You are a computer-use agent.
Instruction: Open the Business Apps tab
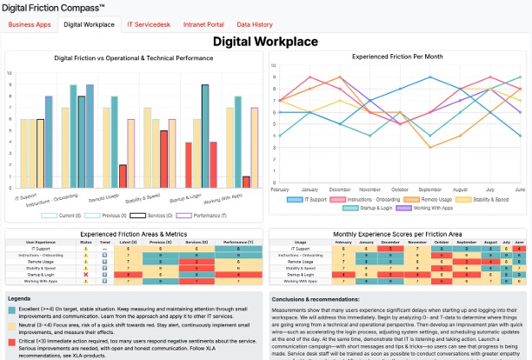[x=29, y=25]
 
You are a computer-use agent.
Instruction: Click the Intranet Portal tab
[x=204, y=25]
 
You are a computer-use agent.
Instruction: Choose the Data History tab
[x=255, y=25]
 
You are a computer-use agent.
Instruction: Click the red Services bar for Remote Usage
[x=123, y=177]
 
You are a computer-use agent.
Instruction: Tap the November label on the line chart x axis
[x=369, y=189]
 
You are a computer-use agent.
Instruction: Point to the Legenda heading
[x=20, y=298]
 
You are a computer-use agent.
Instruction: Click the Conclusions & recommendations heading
[x=319, y=299]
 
